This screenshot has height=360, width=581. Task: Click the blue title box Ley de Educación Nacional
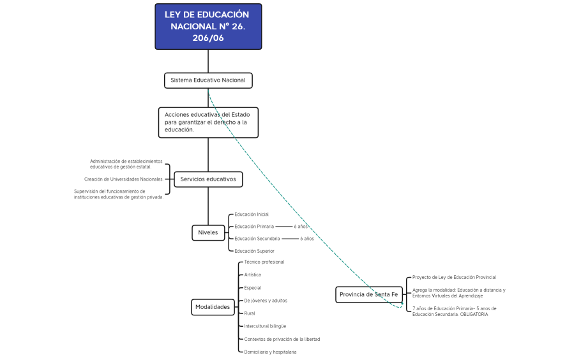208,27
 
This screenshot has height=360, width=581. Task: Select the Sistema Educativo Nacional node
208,80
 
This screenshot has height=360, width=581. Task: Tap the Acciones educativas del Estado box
208,123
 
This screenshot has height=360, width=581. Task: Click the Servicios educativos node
208,179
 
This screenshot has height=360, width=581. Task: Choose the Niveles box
208,233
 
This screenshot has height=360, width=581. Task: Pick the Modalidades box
213,307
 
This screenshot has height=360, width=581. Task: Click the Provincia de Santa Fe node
369,294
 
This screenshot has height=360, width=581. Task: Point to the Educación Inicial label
252,214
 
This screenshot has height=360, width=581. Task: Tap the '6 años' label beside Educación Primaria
301,227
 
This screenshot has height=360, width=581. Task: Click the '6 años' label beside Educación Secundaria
307,239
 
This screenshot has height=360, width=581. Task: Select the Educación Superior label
254,251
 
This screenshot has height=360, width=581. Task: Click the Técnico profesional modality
264,262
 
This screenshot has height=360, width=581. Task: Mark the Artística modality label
253,275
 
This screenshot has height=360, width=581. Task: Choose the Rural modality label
250,313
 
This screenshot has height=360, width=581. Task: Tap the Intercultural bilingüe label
265,326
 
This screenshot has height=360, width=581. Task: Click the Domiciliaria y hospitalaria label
270,352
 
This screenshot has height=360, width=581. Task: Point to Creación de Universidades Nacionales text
123,179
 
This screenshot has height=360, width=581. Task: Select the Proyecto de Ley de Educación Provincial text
454,278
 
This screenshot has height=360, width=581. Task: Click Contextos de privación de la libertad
282,339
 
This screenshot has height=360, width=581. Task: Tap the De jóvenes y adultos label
266,301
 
